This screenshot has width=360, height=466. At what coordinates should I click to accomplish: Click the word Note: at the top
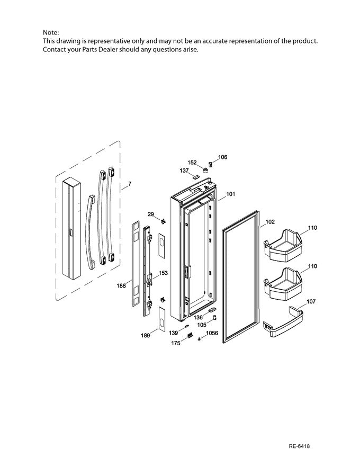click(x=51, y=33)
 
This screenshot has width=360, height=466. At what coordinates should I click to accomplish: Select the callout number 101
click(x=231, y=194)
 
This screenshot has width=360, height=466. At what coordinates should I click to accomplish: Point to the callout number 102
click(x=269, y=222)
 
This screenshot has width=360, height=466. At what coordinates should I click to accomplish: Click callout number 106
click(x=223, y=157)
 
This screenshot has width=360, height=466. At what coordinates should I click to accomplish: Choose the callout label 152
click(x=192, y=163)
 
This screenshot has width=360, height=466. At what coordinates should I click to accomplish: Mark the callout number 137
click(x=184, y=171)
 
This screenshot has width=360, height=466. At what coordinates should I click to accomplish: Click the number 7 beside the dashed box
click(x=130, y=184)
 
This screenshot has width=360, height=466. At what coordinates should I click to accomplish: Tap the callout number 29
click(x=150, y=214)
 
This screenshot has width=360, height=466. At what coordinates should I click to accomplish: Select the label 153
click(x=164, y=273)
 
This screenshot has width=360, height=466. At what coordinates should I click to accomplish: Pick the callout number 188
click(x=121, y=285)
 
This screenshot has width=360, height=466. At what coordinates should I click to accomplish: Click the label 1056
click(x=212, y=334)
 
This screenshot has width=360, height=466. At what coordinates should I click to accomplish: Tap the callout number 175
click(x=175, y=343)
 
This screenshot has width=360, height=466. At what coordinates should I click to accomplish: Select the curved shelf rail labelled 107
click(x=286, y=322)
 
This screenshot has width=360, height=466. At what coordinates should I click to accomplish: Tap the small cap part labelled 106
click(x=210, y=164)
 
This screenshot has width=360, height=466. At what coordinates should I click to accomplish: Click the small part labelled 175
click(x=189, y=335)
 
